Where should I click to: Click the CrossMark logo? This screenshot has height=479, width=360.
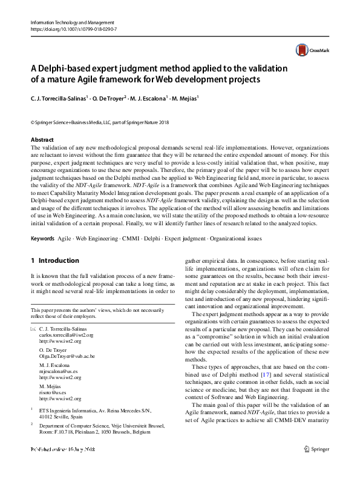(x=309, y=51)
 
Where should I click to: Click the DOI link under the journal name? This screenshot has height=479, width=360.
(x=73, y=29)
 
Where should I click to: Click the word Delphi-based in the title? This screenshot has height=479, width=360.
(x=66, y=68)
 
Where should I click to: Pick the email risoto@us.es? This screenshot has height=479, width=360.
(x=53, y=393)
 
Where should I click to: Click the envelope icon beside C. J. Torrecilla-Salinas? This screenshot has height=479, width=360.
(x=33, y=329)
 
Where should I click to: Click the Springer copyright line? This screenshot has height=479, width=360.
(x=100, y=122)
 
